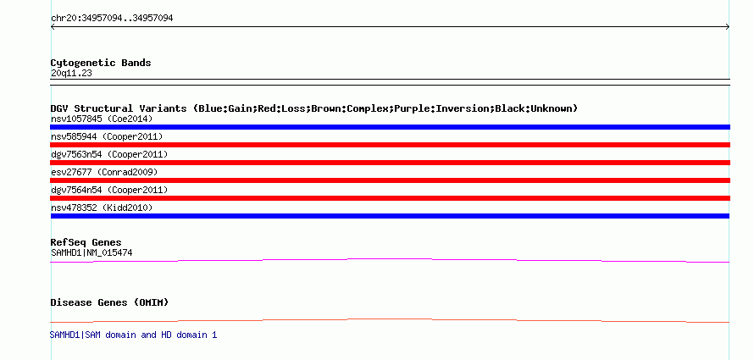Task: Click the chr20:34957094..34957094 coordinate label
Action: pyautogui.click(x=112, y=19)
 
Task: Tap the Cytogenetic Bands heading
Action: pyautogui.click(x=101, y=63)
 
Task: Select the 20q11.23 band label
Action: pyautogui.click(x=71, y=74)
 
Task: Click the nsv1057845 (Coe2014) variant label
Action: pyautogui.click(x=102, y=119)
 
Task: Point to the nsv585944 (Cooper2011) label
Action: pyautogui.click(x=107, y=137)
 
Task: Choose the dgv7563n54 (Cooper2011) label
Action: pyautogui.click(x=109, y=154)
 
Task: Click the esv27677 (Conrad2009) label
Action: pyautogui.click(x=104, y=172)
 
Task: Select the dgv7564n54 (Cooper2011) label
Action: pyautogui.click(x=109, y=190)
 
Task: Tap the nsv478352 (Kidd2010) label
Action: pyautogui.click(x=102, y=208)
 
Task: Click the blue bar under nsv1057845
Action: pyautogui.click(x=390, y=127)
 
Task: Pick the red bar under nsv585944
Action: pyautogui.click(x=390, y=145)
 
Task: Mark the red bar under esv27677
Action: pyautogui.click(x=390, y=180)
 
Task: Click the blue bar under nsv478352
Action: pyautogui.click(x=390, y=216)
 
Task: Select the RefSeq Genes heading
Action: pyautogui.click(x=86, y=242)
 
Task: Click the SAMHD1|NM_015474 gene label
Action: pyautogui.click(x=91, y=252)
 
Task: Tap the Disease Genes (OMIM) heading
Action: pyautogui.click(x=109, y=302)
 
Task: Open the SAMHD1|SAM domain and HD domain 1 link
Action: pyautogui.click(x=133, y=335)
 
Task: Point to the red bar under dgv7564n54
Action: pyautogui.click(x=390, y=198)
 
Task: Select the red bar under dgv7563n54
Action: pyautogui.click(x=390, y=163)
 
